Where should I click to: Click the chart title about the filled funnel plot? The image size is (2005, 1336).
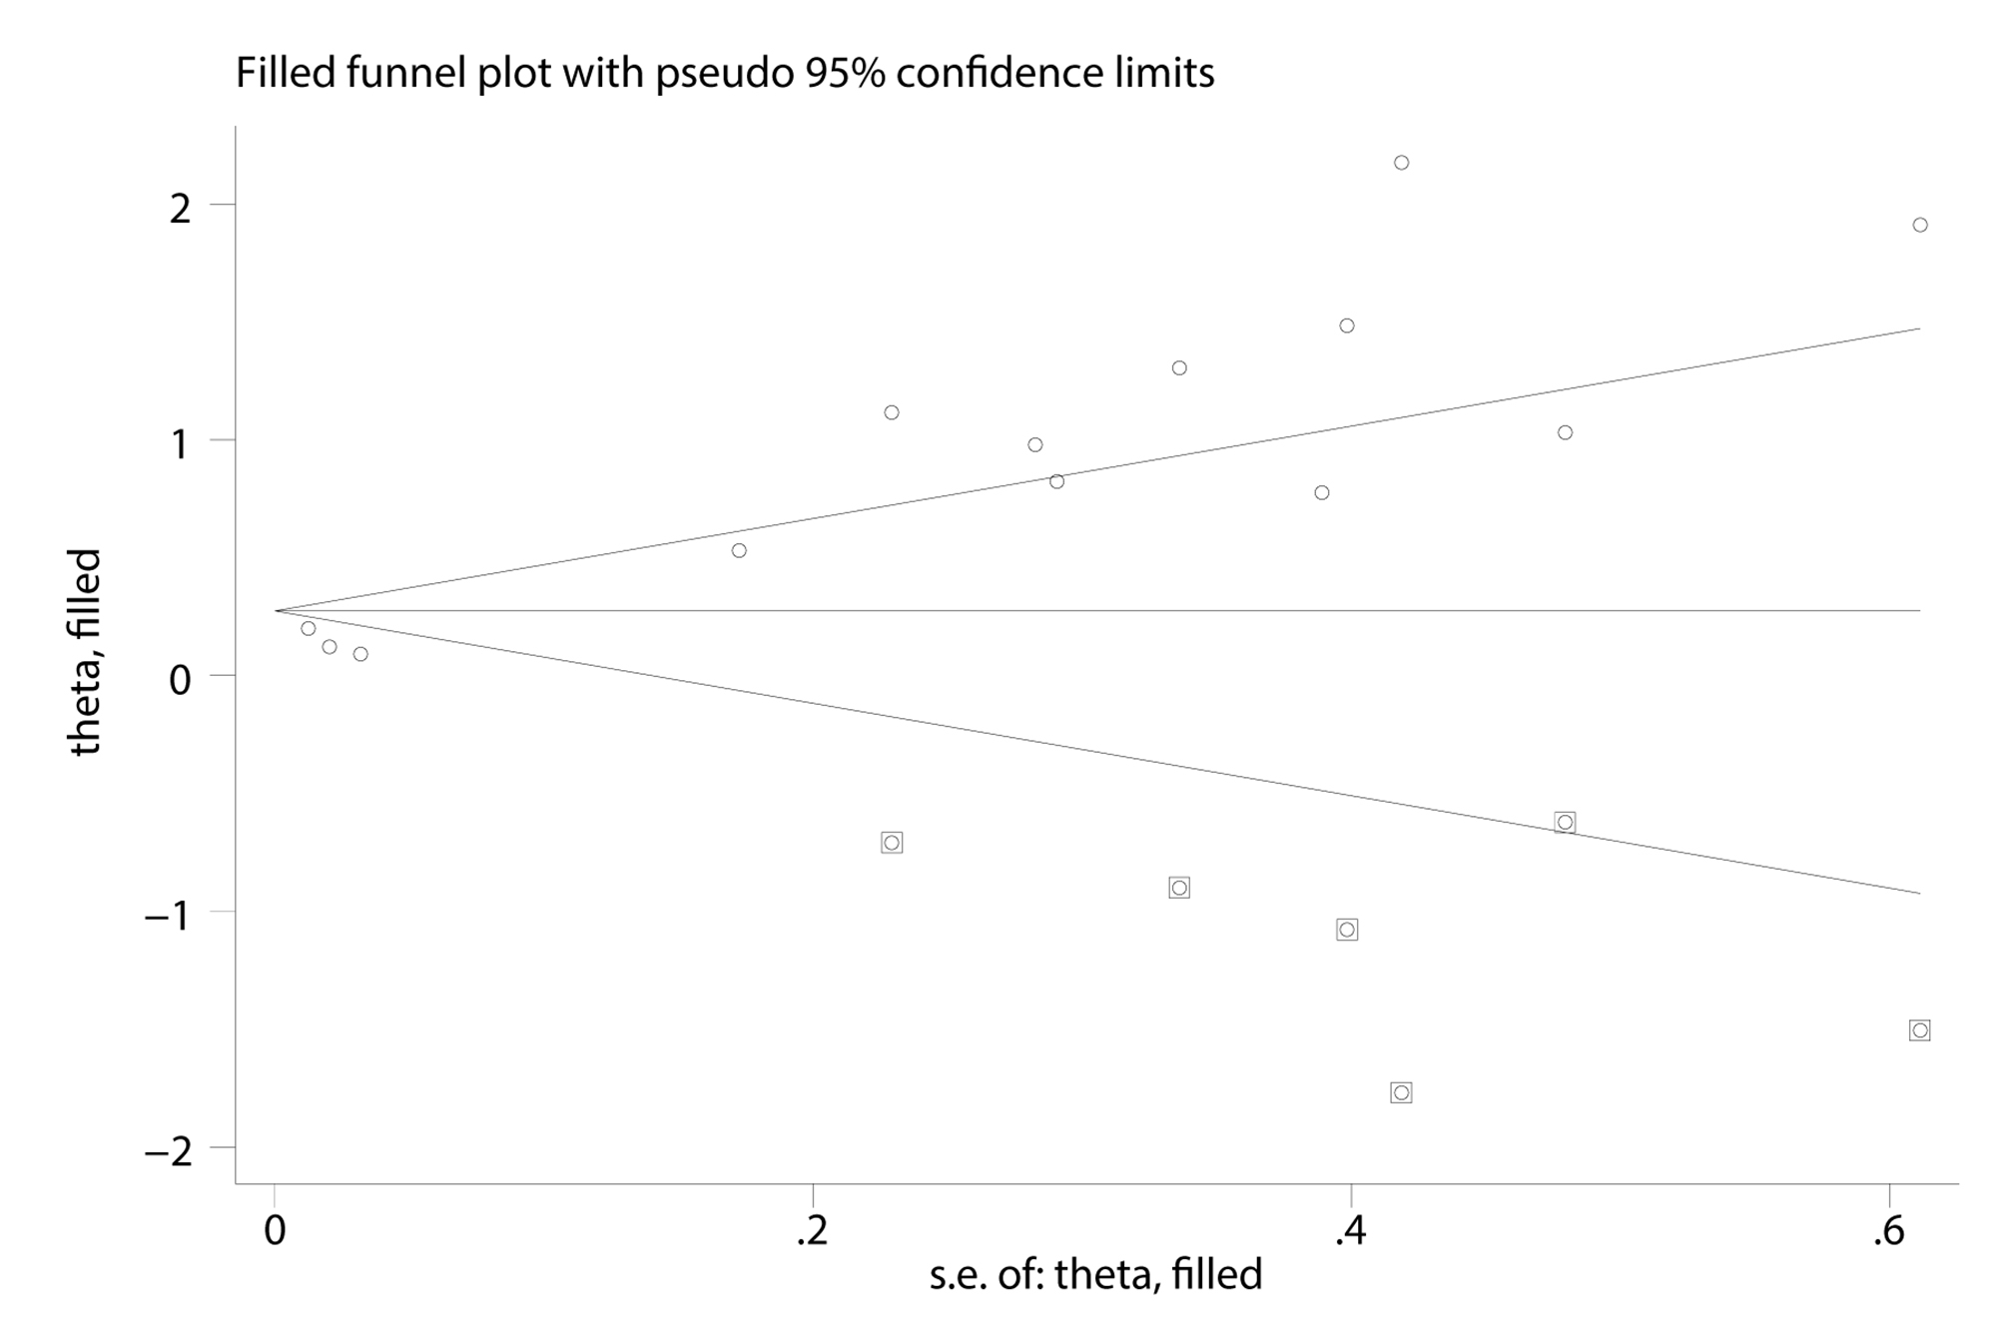point(724,73)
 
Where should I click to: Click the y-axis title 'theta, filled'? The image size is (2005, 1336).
point(86,652)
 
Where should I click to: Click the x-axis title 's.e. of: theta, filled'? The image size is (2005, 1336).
point(1095,1274)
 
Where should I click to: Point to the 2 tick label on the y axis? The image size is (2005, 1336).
point(180,208)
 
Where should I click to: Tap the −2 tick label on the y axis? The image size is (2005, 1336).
point(167,1150)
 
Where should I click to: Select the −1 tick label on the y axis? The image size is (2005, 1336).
point(167,915)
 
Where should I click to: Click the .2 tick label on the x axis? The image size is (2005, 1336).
point(813,1232)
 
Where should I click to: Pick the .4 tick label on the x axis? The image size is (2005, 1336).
point(1350,1232)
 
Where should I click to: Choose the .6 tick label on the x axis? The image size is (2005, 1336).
point(1888,1232)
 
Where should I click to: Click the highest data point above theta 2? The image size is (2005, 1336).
point(1401,163)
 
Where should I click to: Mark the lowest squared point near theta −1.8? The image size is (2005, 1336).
point(1401,1092)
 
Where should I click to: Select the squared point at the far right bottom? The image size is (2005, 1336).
point(1919,1030)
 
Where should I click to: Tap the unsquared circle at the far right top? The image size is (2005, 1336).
point(1919,225)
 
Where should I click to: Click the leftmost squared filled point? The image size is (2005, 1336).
point(892,843)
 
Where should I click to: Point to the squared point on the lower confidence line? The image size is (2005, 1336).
point(1565,823)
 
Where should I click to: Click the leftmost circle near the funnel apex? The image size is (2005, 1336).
point(309,628)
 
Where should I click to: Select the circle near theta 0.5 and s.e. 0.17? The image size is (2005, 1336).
point(739,550)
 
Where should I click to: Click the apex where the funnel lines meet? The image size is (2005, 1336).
point(277,610)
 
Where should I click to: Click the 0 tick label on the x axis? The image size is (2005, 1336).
point(275,1232)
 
